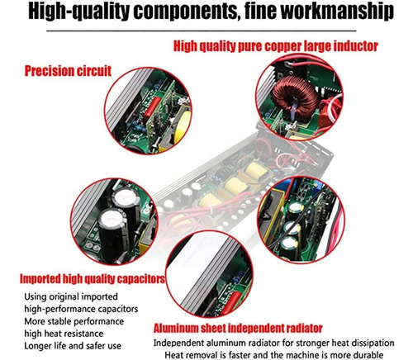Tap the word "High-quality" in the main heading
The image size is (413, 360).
click(x=78, y=11)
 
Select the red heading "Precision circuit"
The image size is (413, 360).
click(x=68, y=71)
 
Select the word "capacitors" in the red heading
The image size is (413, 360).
click(x=141, y=279)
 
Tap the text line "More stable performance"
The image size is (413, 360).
click(x=74, y=321)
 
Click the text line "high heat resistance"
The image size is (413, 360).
click(x=64, y=334)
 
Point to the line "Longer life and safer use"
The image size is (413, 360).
click(x=73, y=346)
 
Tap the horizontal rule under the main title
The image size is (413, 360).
click(x=202, y=31)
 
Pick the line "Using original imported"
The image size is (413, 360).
click(x=71, y=297)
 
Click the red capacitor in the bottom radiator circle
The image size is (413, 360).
click(x=232, y=303)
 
